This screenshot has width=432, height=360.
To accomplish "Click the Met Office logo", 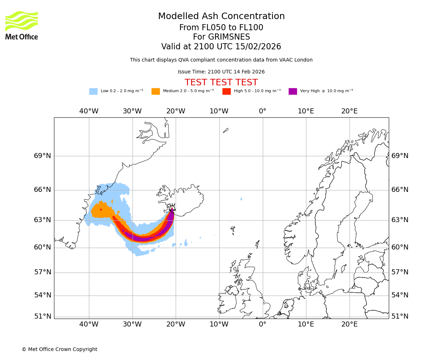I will (22, 26).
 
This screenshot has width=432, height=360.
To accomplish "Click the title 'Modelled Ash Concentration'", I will (221, 16).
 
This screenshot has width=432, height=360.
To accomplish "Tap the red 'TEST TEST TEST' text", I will (221, 82).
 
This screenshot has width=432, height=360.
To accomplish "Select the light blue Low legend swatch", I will (93, 91).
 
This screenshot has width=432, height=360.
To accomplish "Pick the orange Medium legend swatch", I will (156, 91).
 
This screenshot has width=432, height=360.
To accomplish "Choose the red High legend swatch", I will (226, 91).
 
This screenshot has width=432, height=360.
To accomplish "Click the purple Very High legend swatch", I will (293, 91).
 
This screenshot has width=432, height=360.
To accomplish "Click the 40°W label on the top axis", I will (89, 111).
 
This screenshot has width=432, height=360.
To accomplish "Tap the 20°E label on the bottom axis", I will (349, 324).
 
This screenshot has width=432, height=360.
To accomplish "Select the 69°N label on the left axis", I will (42, 156).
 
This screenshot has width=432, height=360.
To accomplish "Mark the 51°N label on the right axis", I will (400, 316).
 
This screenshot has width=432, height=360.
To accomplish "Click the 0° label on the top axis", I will (262, 111).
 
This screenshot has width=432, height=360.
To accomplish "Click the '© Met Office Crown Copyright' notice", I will (59, 349).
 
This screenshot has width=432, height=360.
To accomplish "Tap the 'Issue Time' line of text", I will (221, 72).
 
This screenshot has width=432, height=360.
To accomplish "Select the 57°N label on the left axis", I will (42, 272).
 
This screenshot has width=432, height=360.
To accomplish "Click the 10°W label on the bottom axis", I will (219, 324).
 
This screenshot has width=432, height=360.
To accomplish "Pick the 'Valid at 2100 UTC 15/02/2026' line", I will (221, 46).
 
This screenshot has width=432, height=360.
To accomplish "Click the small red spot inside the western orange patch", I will (101, 210).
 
